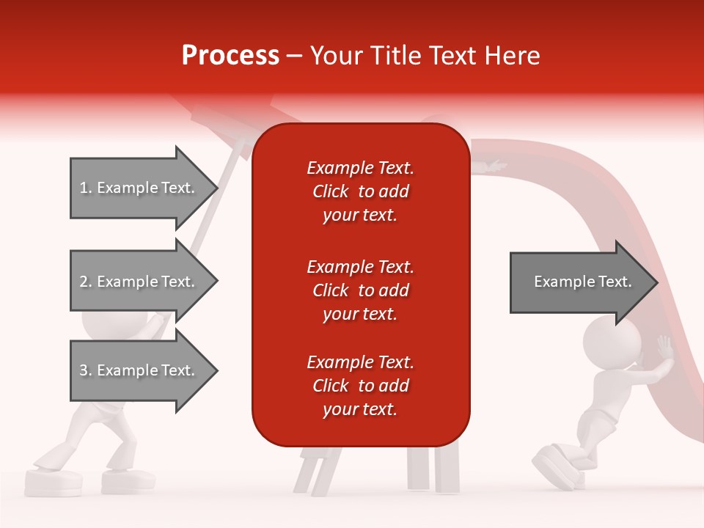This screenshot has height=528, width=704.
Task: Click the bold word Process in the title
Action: coord(230,56)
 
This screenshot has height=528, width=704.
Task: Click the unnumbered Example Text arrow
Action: coord(582,282)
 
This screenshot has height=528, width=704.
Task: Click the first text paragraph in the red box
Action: coord(360,191)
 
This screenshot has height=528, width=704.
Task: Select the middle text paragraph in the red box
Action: coord(360,290)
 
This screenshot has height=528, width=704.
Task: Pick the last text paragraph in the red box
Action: coord(360,386)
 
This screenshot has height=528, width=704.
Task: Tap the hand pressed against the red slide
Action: coord(664,350)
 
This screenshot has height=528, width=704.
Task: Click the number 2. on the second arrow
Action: coord(86,282)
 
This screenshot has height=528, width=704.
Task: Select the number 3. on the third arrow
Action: coord(86,370)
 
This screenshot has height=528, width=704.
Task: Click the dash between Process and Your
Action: coord(295,56)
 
